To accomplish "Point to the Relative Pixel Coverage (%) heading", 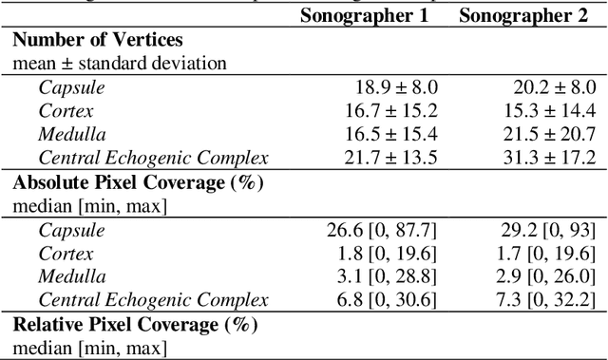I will coord(135,324).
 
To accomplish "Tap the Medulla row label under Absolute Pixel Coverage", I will coord(68,276).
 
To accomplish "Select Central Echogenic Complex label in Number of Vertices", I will coord(153,158).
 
